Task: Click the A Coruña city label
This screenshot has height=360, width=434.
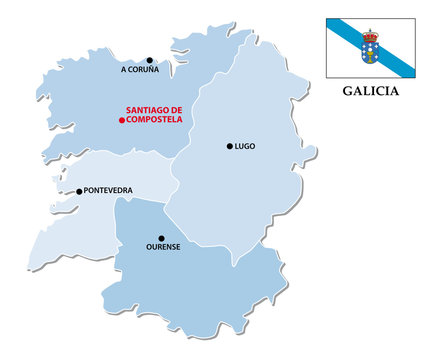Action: pyautogui.click(x=140, y=70)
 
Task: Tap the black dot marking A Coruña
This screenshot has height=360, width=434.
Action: pyautogui.click(x=150, y=60)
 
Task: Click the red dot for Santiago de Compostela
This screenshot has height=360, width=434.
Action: pyautogui.click(x=122, y=120)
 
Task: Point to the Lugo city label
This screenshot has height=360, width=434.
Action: pyautogui.click(x=245, y=146)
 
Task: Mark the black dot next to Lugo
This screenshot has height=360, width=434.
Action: pyautogui.click(x=229, y=146)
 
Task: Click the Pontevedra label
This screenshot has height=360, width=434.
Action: pyautogui.click(x=111, y=190)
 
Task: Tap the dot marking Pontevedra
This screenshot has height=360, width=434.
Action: pyautogui.click(x=80, y=191)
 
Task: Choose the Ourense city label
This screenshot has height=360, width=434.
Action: pyautogui.click(x=163, y=247)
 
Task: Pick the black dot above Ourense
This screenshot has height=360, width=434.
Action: pyautogui.click(x=161, y=238)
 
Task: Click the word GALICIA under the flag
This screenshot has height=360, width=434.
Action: pyautogui.click(x=370, y=90)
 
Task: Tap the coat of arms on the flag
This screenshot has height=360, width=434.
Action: pyautogui.click(x=371, y=45)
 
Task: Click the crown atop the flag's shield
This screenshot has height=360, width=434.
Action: pyautogui.click(x=371, y=35)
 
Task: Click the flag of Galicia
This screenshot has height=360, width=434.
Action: pyautogui.click(x=370, y=45)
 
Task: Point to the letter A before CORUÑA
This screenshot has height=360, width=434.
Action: pyautogui.click(x=123, y=70)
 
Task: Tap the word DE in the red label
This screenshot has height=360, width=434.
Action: pyautogui.click(x=179, y=110)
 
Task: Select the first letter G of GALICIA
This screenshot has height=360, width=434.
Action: pyautogui.click(x=347, y=90)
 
